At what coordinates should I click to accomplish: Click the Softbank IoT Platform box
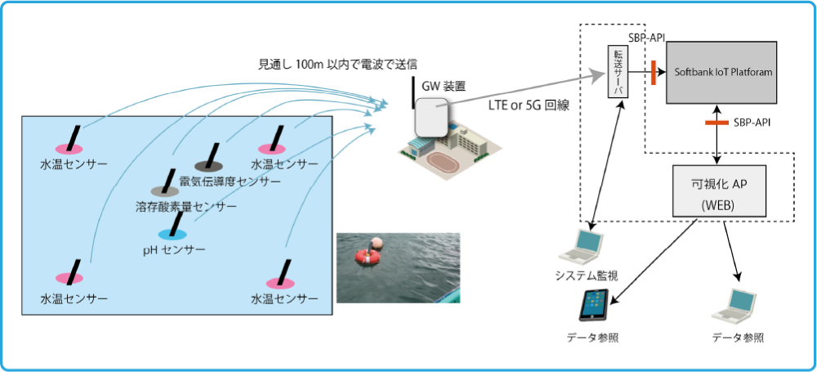pos(724,73)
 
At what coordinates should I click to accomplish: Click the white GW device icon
pos(431,117)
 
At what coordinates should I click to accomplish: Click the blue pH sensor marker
pos(172,234)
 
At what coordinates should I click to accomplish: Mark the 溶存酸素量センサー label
pos(187,208)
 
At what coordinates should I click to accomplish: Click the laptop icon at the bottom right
pos(735,305)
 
